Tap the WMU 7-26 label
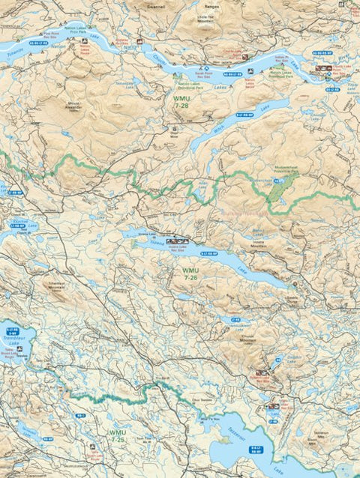[190, 274]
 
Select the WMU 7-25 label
[117, 436]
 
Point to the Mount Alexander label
[78, 105]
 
